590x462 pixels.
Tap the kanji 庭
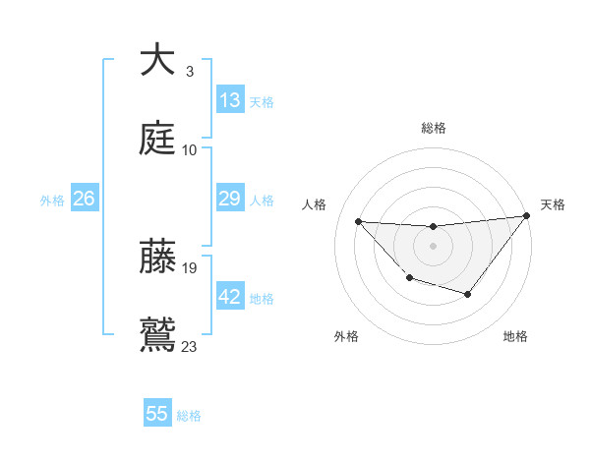pos(157,138)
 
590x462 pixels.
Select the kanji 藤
pos(157,258)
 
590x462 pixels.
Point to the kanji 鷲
pos(157,334)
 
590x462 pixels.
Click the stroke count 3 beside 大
pos(189,71)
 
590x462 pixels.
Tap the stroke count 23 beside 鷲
pos(190,346)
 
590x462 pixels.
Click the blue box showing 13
pos(230,100)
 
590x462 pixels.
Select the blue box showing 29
pos(230,200)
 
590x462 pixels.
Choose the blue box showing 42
pos(230,298)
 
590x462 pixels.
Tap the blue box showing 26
pos(84,200)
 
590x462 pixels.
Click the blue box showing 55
pos(157,414)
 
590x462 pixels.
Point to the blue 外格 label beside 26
pos(52,201)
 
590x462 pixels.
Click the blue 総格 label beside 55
pos(189,416)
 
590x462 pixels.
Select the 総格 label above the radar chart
pos(434,128)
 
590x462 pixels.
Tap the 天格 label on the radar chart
pos(553,204)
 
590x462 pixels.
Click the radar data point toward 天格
pos(527,216)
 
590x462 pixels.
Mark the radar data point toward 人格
pos(358,221)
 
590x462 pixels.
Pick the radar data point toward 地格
pos(468,294)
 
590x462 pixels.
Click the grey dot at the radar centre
pos(433,245)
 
